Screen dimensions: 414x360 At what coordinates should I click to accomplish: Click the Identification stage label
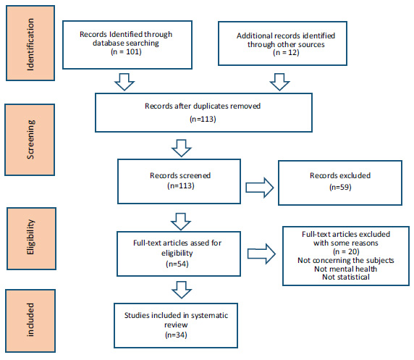30,44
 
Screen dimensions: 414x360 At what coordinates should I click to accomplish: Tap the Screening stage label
30,140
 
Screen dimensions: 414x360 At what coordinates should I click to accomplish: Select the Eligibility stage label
30,237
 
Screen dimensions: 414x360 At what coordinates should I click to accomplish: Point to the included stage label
30,320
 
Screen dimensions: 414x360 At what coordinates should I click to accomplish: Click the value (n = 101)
126,51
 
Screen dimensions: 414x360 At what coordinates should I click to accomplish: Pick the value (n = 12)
286,53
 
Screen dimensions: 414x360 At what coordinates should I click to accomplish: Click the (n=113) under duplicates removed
203,120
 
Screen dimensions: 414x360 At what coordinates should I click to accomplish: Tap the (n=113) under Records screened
181,186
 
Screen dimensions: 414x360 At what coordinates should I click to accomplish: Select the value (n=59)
340,188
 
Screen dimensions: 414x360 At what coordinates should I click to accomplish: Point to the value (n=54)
177,264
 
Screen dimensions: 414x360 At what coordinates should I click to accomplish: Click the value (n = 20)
346,251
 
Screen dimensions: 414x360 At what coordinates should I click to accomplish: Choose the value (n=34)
176,335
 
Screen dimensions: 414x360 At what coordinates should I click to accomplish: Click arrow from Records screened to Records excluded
260,188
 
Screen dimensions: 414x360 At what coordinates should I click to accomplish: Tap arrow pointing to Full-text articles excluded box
261,254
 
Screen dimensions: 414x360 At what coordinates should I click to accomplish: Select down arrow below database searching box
124,82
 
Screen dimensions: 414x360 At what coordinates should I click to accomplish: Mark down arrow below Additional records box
280,82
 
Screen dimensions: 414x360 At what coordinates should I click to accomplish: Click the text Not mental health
346,269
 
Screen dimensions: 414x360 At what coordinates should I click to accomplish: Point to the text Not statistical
346,277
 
